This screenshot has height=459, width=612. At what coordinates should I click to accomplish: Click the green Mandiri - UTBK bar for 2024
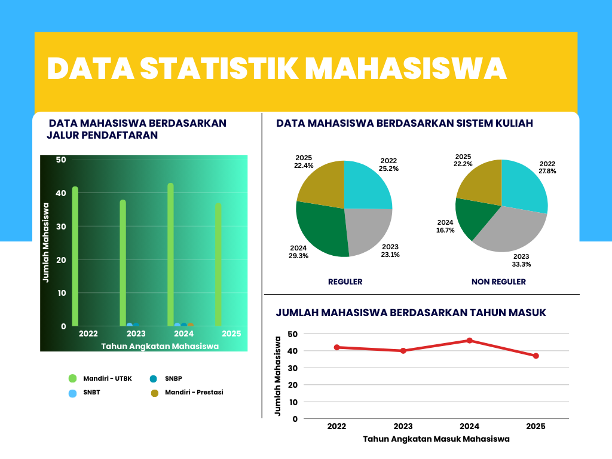170,254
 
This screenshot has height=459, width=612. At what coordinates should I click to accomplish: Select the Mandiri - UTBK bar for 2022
75,256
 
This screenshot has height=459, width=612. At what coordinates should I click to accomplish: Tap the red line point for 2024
470,341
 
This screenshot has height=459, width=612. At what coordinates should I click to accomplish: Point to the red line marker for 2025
536,356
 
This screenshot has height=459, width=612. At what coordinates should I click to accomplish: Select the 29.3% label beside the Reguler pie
299,256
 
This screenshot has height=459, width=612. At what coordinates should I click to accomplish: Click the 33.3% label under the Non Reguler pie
521,264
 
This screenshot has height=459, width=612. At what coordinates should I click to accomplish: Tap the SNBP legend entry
166,378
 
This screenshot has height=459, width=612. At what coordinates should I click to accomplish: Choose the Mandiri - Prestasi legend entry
187,392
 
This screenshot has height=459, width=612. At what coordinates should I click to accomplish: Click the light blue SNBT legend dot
72,393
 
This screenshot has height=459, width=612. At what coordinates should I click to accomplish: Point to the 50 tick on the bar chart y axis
61,160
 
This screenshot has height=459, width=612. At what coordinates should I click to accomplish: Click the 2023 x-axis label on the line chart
403,426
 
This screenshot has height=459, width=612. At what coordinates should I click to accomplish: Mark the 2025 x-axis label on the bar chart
231,333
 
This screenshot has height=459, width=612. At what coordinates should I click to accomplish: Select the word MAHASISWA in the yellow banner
406,69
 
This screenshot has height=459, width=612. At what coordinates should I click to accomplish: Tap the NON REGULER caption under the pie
499,282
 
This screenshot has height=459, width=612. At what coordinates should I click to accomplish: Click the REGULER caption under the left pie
345,282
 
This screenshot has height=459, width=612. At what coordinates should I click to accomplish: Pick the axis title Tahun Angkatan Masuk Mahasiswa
436,439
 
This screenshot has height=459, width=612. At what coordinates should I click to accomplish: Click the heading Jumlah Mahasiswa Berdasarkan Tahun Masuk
411,313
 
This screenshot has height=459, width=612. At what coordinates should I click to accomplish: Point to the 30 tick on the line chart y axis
293,368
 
